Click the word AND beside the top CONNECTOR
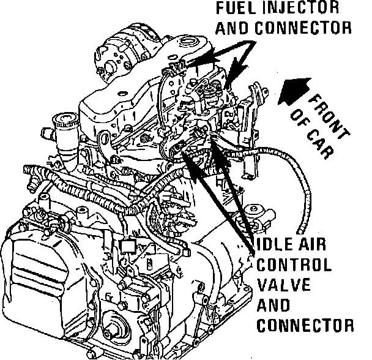click(x=231, y=28)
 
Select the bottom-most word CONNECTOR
click(x=305, y=324)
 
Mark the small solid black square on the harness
click(x=128, y=246)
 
